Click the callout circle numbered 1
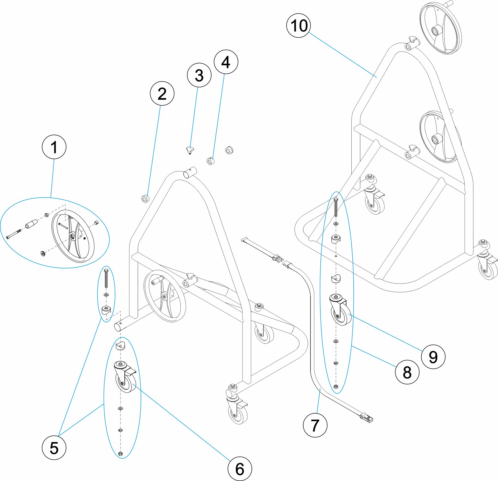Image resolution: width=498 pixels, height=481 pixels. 54,147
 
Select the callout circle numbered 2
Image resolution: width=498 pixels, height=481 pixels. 162,93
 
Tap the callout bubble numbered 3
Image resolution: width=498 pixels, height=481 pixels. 199,75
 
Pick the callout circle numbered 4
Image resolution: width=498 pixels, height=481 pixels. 226,62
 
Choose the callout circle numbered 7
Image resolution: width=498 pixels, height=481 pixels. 315,425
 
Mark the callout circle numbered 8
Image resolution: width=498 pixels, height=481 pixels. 407,372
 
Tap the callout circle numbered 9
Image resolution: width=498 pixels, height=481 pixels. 433,357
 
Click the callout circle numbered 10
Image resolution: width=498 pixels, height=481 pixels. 299,25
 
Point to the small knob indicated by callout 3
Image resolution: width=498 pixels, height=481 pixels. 189,150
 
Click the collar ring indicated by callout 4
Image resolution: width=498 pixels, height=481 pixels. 210,161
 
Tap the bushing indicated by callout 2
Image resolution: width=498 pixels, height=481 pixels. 145,198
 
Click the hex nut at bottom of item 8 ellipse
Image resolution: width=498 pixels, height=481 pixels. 335,386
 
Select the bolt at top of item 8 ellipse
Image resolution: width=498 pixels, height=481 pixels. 336,207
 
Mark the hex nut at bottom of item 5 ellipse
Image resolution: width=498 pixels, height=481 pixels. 121,454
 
